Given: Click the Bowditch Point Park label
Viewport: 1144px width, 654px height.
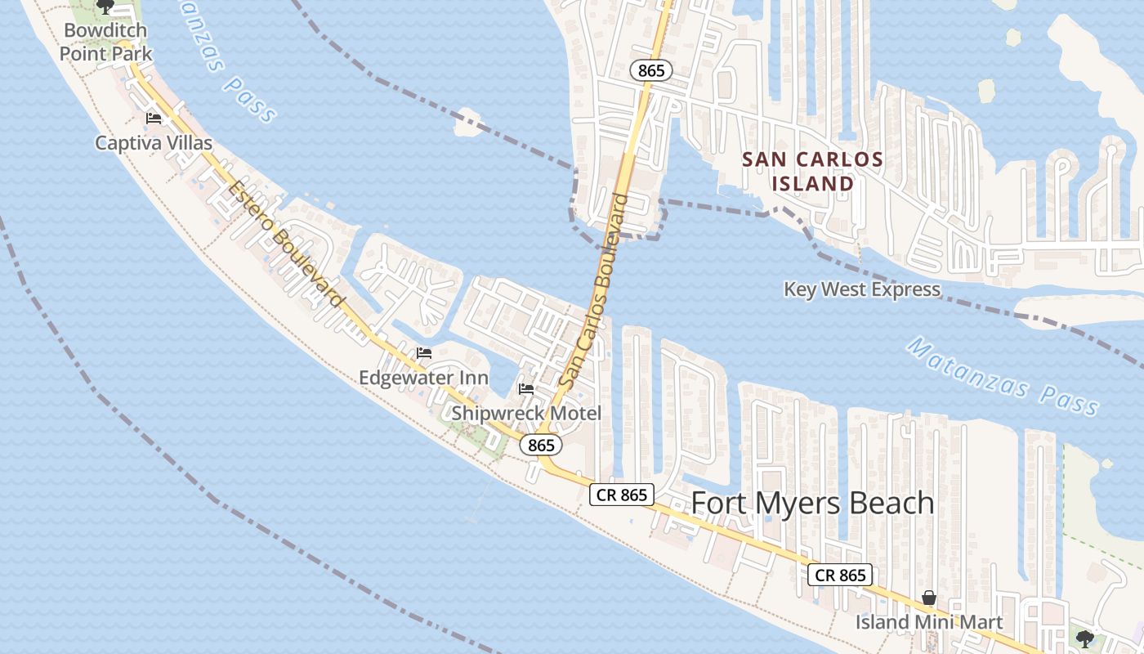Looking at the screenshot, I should point(105,43).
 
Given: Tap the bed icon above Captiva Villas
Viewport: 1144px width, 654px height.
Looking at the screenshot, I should point(153,119).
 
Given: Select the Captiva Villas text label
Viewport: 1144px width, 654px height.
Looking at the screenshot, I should point(154,143).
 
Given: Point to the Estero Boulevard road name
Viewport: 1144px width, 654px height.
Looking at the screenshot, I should point(285,244).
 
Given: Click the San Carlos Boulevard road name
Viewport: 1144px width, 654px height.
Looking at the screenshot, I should point(595,290).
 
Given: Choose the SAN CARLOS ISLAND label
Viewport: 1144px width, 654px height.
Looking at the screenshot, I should point(812,171).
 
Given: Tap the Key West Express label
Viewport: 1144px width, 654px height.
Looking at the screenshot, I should point(862,289).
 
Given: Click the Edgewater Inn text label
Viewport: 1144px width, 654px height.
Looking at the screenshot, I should point(423,378).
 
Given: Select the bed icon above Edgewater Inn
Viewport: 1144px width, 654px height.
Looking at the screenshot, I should point(423,353).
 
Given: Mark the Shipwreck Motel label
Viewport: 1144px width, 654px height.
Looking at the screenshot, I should point(526,413).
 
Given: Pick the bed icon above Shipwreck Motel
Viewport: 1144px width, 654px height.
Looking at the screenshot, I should point(526,389).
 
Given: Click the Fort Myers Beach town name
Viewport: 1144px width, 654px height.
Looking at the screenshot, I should point(812,503).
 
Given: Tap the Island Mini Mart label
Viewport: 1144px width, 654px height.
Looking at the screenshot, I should point(929,622).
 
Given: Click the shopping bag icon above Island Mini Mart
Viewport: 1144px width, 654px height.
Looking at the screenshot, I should point(929,598).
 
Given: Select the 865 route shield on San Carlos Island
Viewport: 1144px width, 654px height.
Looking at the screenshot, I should point(650,71).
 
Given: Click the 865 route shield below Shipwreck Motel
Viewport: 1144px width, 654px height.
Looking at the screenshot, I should point(541,446).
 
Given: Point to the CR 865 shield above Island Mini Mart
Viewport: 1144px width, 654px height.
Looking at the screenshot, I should point(840,575).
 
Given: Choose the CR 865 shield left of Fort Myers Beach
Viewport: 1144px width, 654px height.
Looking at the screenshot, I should point(622,495).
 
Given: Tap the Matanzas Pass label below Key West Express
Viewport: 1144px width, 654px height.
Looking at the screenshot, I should point(1003,377).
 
